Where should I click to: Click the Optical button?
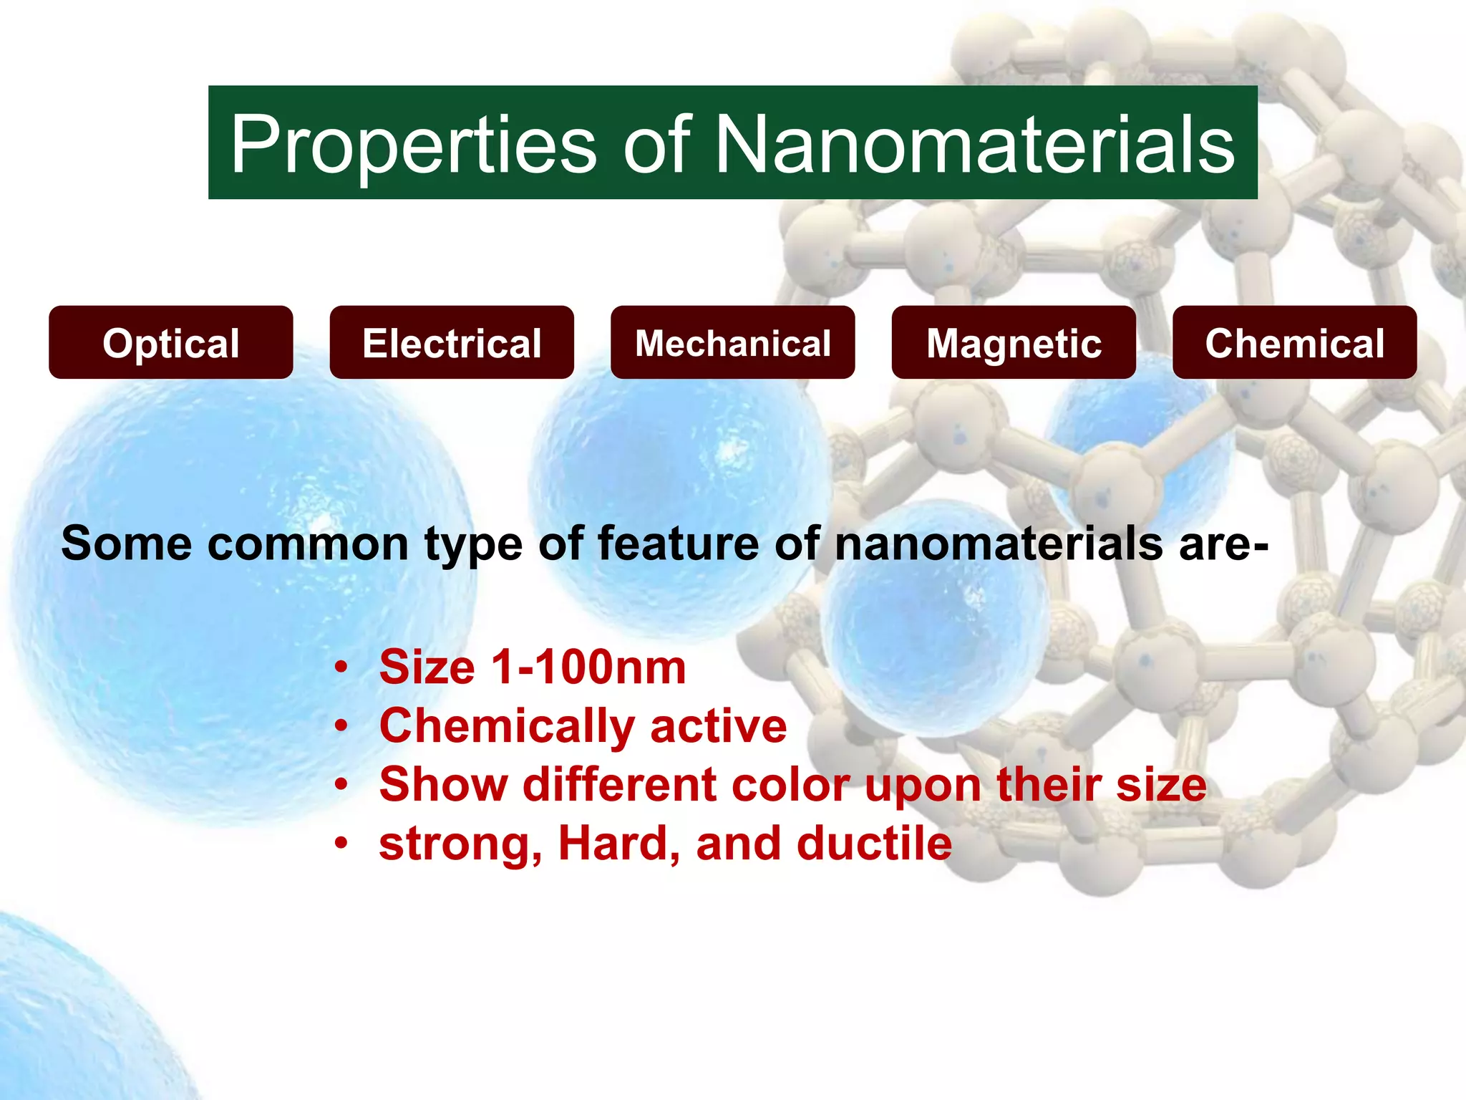point(170,343)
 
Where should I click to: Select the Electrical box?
point(452,343)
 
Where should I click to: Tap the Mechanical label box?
point(732,343)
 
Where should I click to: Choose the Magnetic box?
point(1014,343)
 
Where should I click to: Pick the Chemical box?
point(1294,343)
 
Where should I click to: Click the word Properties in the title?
point(413,145)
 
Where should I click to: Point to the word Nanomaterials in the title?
point(975,145)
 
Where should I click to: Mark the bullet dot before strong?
point(341,844)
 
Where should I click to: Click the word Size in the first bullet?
point(427,667)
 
